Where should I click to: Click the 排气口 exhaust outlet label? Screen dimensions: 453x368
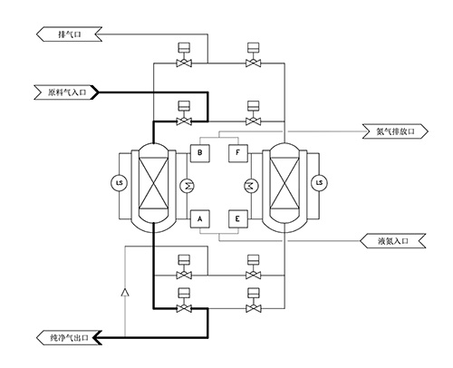click(x=69, y=34)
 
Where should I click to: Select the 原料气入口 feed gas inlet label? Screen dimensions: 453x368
click(x=67, y=92)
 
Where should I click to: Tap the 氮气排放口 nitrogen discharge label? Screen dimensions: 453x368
click(x=395, y=131)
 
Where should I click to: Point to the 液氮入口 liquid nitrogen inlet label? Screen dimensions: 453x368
click(x=393, y=241)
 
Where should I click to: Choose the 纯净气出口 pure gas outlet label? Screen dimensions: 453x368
click(x=69, y=337)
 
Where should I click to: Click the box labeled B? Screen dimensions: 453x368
click(x=200, y=153)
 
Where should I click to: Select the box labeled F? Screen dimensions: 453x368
click(x=238, y=153)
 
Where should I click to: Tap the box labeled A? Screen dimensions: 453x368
click(x=200, y=219)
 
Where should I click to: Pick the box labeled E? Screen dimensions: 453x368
click(x=238, y=219)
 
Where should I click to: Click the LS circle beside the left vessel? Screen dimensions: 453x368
click(x=120, y=183)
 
